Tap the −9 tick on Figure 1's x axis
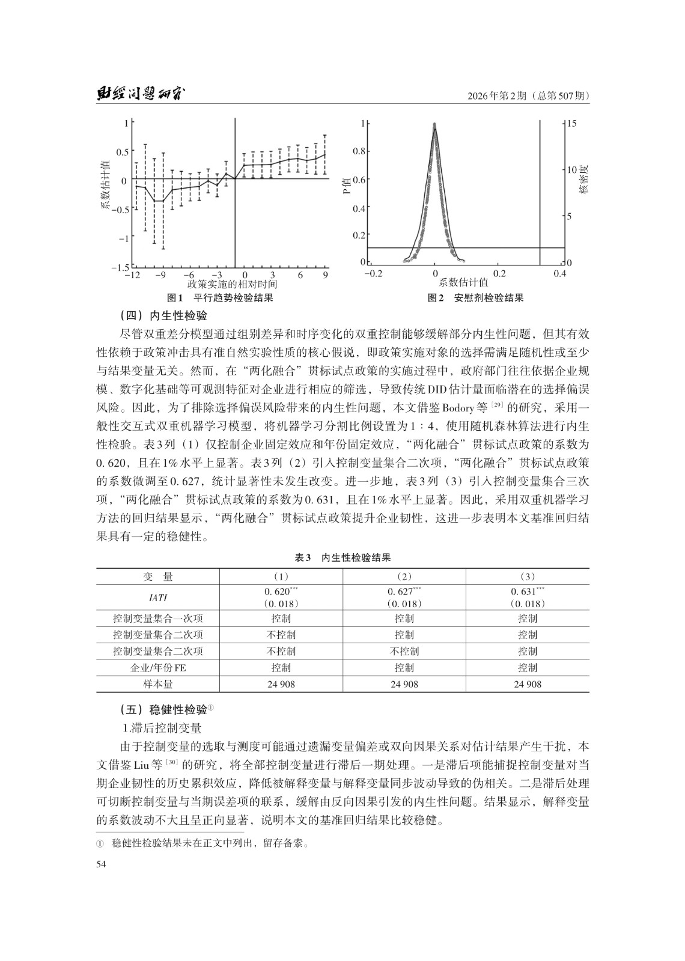pyautogui.click(x=160, y=274)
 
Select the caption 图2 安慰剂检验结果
pyautogui.click(x=475, y=298)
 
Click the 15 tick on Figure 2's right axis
pyautogui.click(x=571, y=124)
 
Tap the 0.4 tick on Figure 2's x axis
pyautogui.click(x=559, y=274)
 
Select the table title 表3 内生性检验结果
pyautogui.click(x=342, y=557)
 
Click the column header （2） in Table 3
pyautogui.click(x=404, y=577)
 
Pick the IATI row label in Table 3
pyautogui.click(x=158, y=598)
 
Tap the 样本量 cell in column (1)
pyautogui.click(x=281, y=684)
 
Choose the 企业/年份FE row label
pyautogui.click(x=158, y=668)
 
